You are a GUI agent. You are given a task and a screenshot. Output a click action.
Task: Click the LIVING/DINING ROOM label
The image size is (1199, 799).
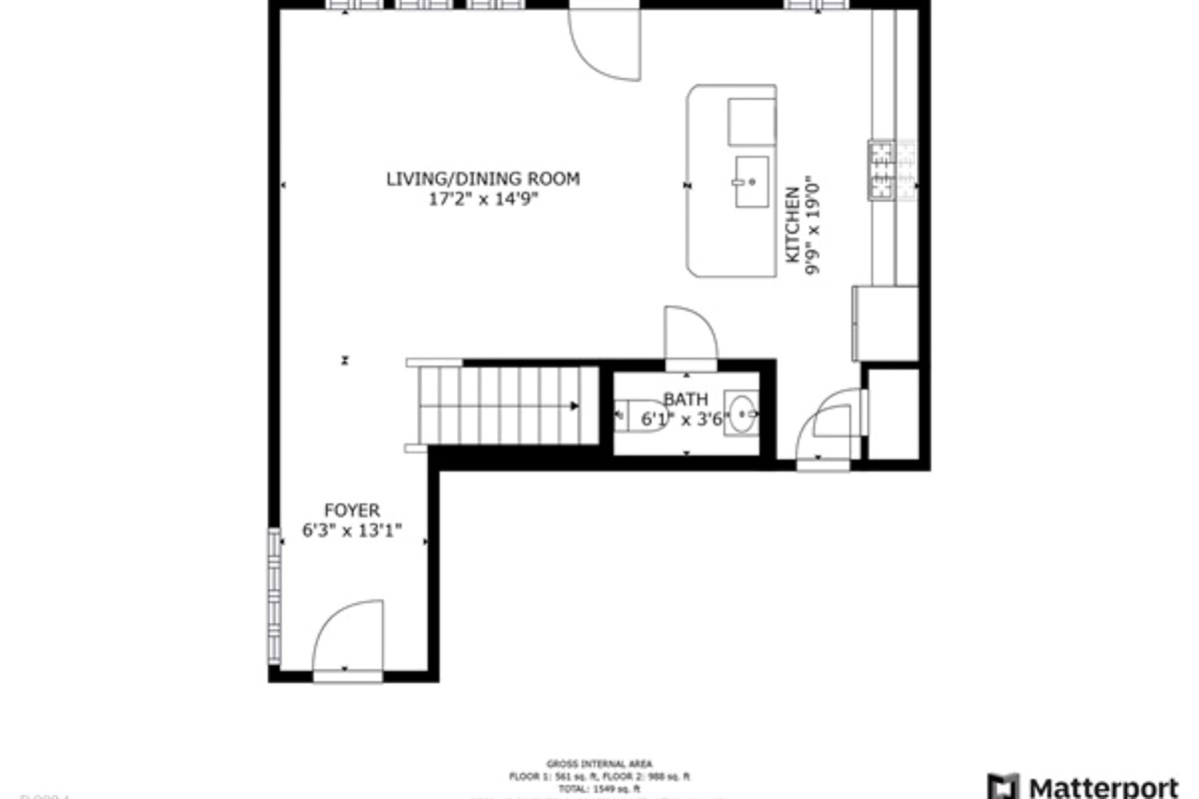tap(483, 179)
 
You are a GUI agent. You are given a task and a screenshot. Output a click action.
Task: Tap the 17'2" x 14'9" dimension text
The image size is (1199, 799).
tap(483, 198)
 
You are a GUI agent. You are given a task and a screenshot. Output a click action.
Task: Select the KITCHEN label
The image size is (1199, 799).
tap(792, 225)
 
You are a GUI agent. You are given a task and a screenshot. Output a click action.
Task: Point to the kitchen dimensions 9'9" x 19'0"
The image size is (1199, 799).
tap(812, 225)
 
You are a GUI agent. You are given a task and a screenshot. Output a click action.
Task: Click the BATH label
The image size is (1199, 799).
tap(685, 399)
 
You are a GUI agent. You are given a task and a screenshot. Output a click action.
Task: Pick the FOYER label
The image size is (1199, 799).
tap(352, 510)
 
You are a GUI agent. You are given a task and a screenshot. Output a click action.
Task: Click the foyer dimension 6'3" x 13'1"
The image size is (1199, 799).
tap(352, 531)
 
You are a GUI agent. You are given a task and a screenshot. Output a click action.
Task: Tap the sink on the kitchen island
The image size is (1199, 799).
tap(752, 182)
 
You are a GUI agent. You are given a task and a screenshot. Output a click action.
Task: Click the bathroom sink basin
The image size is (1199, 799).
tap(740, 413)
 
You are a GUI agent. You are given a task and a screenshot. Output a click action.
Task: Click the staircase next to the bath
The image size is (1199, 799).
tap(500, 404)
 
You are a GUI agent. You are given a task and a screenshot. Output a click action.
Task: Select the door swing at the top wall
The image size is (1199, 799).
tap(603, 42)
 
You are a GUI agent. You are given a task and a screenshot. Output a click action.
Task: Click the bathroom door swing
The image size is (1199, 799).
tap(690, 335)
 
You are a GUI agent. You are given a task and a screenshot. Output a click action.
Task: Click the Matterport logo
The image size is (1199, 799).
tap(1089, 785)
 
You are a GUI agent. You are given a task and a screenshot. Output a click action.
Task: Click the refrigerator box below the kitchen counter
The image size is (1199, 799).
tap(885, 324)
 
